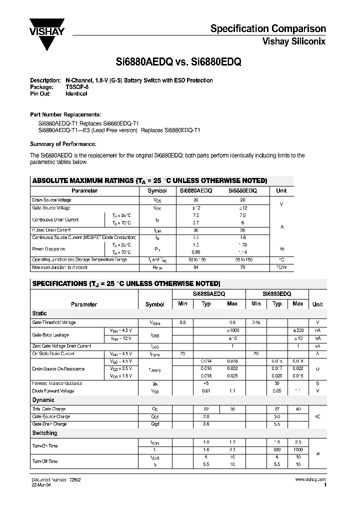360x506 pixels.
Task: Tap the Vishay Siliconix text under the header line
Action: tap(294, 42)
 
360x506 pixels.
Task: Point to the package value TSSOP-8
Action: tap(77, 87)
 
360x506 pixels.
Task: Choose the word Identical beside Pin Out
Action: tap(76, 93)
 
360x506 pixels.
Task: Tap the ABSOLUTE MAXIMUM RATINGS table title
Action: tap(149, 180)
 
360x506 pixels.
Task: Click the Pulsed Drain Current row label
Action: tap(51, 230)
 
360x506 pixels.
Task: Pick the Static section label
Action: tap(39, 313)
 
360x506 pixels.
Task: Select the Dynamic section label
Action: tap(43, 400)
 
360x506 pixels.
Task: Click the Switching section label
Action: tap(45, 433)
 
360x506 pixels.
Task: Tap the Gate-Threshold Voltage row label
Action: tap(54, 322)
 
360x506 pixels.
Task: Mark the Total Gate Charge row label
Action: tap(49, 409)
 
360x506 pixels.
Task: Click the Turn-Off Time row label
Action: tap(45, 461)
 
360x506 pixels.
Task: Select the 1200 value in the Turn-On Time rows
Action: tap(297, 449)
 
